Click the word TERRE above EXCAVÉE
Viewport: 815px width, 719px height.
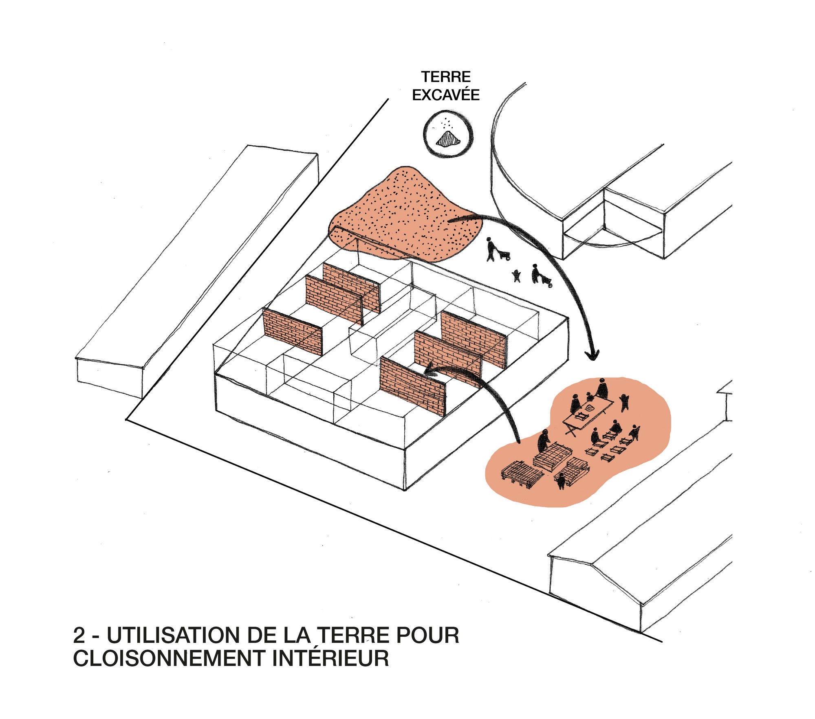pyautogui.click(x=446, y=77)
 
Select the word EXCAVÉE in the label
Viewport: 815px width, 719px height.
pyautogui.click(x=446, y=95)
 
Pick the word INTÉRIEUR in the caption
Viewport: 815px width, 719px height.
pyautogui.click(x=330, y=658)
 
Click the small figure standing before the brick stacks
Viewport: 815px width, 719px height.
pyautogui.click(x=561, y=481)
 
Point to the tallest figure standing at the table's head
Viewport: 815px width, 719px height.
pyautogui.click(x=602, y=389)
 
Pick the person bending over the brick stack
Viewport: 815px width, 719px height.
pyautogui.click(x=543, y=441)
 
